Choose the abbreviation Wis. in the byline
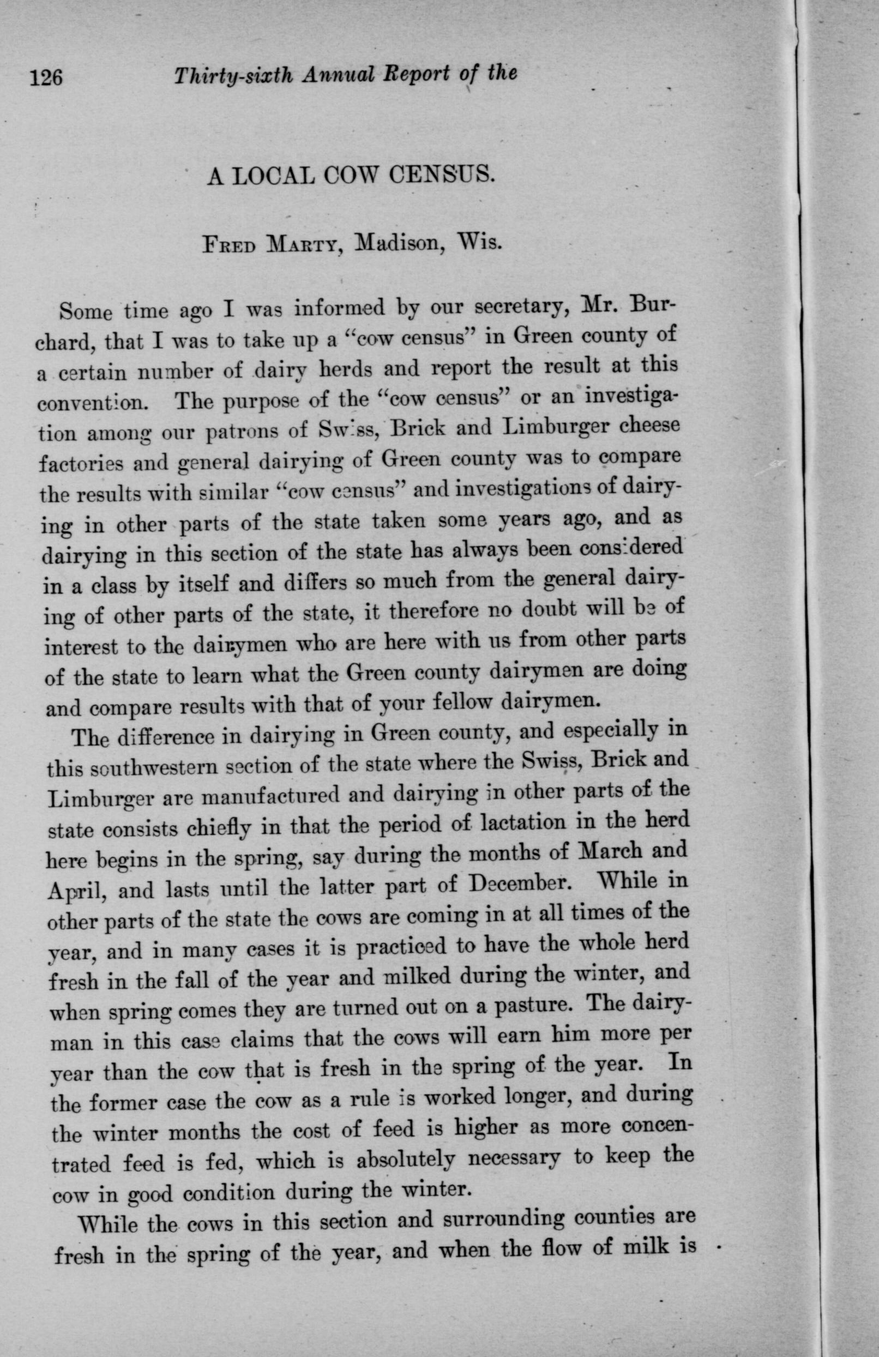(x=482, y=243)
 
